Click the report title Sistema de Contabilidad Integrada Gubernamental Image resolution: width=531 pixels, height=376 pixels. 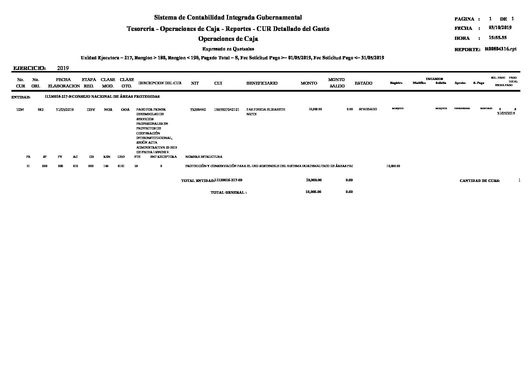228,17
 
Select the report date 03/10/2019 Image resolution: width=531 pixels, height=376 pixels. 500,28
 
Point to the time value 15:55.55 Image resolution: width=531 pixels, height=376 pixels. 497,38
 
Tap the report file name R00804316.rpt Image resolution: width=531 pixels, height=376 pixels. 500,49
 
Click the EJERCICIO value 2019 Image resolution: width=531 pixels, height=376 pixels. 63,68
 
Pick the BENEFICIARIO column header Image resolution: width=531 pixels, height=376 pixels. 262,83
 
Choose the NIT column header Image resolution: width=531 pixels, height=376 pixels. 195,83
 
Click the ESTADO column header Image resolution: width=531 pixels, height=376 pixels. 363,83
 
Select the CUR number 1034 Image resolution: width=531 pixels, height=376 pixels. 20,109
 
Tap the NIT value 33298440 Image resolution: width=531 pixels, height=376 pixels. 198,109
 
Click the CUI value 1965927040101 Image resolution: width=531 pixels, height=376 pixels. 227,109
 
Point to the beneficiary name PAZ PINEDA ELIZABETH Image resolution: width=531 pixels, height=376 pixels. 266,109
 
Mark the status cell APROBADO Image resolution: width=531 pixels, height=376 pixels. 368,109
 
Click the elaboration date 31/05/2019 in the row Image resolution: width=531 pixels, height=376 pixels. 65,109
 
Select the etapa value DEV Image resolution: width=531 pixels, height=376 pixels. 91,109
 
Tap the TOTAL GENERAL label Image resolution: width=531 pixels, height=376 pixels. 228,192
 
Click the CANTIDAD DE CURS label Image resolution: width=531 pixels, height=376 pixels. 479,181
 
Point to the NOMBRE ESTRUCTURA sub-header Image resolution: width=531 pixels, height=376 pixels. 204,156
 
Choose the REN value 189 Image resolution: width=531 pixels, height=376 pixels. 106,166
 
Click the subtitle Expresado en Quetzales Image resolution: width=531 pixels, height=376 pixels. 228,49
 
